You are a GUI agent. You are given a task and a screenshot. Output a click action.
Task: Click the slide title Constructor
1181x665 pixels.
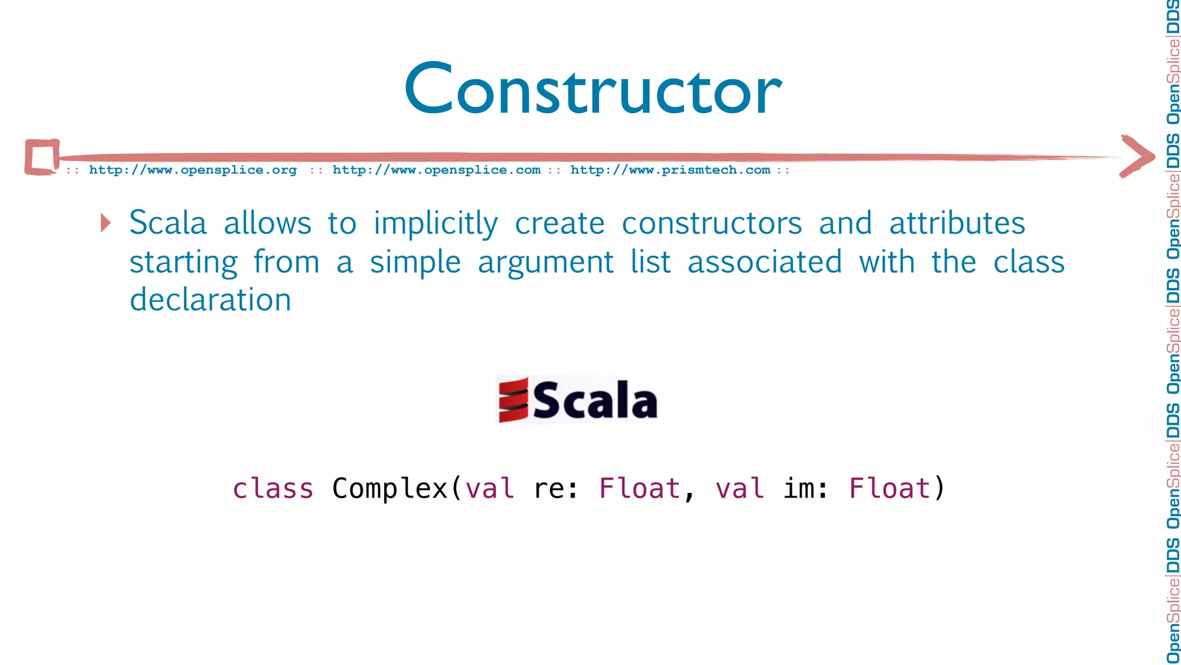point(593,89)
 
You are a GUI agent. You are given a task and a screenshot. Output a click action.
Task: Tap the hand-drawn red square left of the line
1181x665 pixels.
point(42,157)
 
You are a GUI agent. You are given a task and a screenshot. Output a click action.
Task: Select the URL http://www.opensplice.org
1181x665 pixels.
point(193,170)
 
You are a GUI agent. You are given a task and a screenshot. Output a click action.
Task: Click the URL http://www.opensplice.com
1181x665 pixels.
point(437,170)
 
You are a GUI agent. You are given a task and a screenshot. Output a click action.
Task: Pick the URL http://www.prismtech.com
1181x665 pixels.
point(670,170)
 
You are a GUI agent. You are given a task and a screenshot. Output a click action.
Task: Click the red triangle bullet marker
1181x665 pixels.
point(106,223)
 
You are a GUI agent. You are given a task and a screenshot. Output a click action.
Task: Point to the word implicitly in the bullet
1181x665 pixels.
point(435,224)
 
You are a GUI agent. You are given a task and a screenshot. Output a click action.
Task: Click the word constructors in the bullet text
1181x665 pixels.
point(712,223)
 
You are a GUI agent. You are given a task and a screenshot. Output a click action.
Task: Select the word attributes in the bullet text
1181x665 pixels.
point(957,223)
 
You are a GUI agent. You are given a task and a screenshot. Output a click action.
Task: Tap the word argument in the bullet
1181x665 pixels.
point(546,263)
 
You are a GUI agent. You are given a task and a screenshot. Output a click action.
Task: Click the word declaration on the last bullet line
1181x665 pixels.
point(210,300)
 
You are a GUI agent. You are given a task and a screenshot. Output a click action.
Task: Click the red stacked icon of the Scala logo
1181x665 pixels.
point(513,399)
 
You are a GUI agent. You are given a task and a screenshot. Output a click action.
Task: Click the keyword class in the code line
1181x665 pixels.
point(273,489)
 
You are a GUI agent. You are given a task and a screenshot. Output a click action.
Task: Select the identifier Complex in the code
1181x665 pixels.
point(390,489)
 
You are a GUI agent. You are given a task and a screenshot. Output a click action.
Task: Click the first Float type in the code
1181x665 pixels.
point(640,489)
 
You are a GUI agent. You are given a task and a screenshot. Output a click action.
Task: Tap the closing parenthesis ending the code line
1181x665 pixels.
point(939,489)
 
